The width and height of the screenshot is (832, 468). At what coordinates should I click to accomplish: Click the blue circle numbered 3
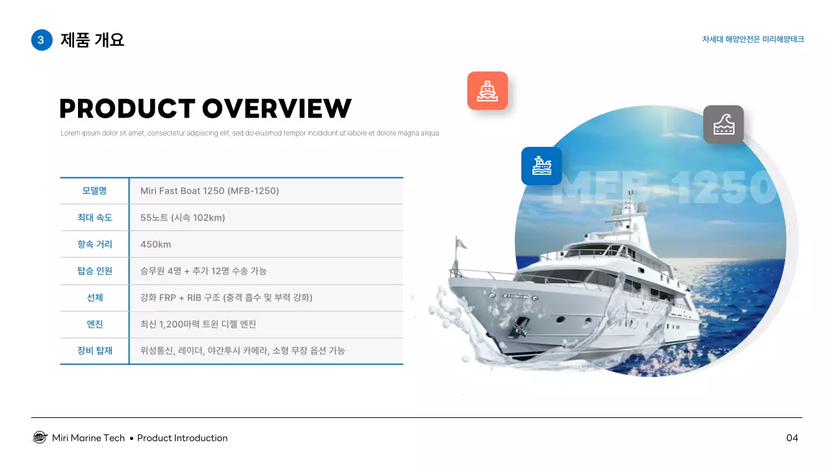tap(41, 40)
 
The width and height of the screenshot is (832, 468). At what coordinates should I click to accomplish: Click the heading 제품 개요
tap(92, 40)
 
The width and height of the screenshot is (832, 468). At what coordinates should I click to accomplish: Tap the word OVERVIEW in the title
tap(277, 109)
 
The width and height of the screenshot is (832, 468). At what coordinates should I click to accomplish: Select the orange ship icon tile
tap(487, 91)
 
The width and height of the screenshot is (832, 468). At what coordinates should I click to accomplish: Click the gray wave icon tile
tap(723, 124)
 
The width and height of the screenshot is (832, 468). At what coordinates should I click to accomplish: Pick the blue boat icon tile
tap(541, 166)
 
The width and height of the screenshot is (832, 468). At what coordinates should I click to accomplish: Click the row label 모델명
tap(94, 191)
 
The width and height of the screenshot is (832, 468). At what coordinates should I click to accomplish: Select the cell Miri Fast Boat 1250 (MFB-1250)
tap(209, 191)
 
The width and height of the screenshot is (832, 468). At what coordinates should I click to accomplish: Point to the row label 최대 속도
tap(94, 218)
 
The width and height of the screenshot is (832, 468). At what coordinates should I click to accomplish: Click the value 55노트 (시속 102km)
tap(183, 218)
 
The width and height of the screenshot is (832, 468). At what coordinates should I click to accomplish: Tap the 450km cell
tap(155, 244)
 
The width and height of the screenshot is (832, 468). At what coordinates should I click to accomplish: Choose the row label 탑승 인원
tap(94, 271)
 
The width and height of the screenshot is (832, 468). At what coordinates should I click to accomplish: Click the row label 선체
tap(94, 298)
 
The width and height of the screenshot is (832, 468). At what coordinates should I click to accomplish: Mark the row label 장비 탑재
tap(94, 351)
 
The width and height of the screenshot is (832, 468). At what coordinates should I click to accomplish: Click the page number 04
tap(792, 438)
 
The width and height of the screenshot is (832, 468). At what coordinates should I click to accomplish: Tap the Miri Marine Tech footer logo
tap(40, 437)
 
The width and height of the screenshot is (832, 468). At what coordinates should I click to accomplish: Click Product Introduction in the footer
tap(182, 438)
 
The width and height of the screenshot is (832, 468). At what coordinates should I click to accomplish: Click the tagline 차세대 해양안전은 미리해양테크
tap(753, 40)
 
